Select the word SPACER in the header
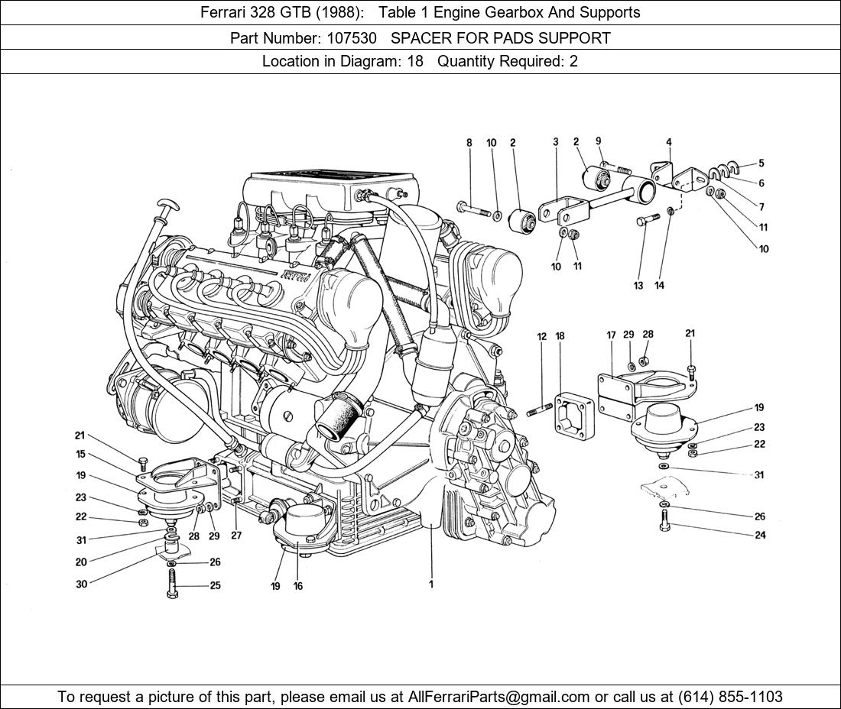click(418, 37)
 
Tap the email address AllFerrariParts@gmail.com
click(499, 697)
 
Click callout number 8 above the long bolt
click(469, 143)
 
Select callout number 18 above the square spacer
click(560, 336)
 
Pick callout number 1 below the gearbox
click(431, 584)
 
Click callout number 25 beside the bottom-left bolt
click(216, 586)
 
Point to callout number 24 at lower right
click(760, 535)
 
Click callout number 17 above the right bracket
click(611, 335)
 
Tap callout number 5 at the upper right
click(761, 163)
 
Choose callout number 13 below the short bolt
click(638, 286)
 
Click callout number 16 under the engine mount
click(298, 586)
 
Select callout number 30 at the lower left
click(81, 584)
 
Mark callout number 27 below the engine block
click(236, 536)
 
